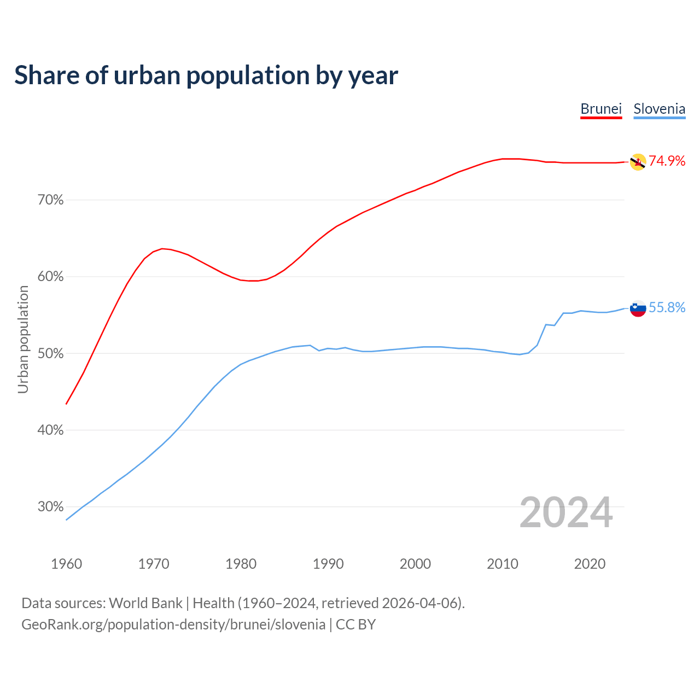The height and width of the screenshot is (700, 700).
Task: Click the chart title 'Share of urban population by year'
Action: coord(206,75)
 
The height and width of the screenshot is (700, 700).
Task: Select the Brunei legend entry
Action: coord(601,109)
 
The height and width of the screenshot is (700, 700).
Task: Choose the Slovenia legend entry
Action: coord(659,109)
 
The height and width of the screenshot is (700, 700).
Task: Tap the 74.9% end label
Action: coord(667,161)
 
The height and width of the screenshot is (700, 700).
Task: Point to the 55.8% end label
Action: coord(667,308)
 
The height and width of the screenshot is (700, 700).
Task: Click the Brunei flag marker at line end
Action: coord(638,162)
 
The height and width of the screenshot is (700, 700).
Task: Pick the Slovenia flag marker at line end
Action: coord(638,308)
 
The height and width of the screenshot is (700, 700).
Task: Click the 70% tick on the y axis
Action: coord(51,200)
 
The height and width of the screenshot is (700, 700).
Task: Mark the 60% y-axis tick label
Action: coord(51,277)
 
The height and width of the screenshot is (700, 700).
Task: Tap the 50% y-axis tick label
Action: coord(51,354)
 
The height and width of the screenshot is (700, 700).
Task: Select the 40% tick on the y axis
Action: coord(51,430)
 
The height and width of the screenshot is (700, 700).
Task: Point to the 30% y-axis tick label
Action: coord(51,507)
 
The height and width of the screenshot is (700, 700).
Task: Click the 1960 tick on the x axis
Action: coord(66,564)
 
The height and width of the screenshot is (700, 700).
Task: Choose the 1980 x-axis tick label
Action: coord(241,564)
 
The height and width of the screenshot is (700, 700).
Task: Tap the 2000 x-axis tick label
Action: coord(415,564)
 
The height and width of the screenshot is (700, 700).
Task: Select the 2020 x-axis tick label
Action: coord(590,564)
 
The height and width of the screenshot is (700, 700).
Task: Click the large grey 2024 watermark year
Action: coord(566,512)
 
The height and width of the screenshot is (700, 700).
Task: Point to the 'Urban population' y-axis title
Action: coord(23,339)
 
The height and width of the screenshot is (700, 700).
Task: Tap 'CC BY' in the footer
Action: coord(355,625)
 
